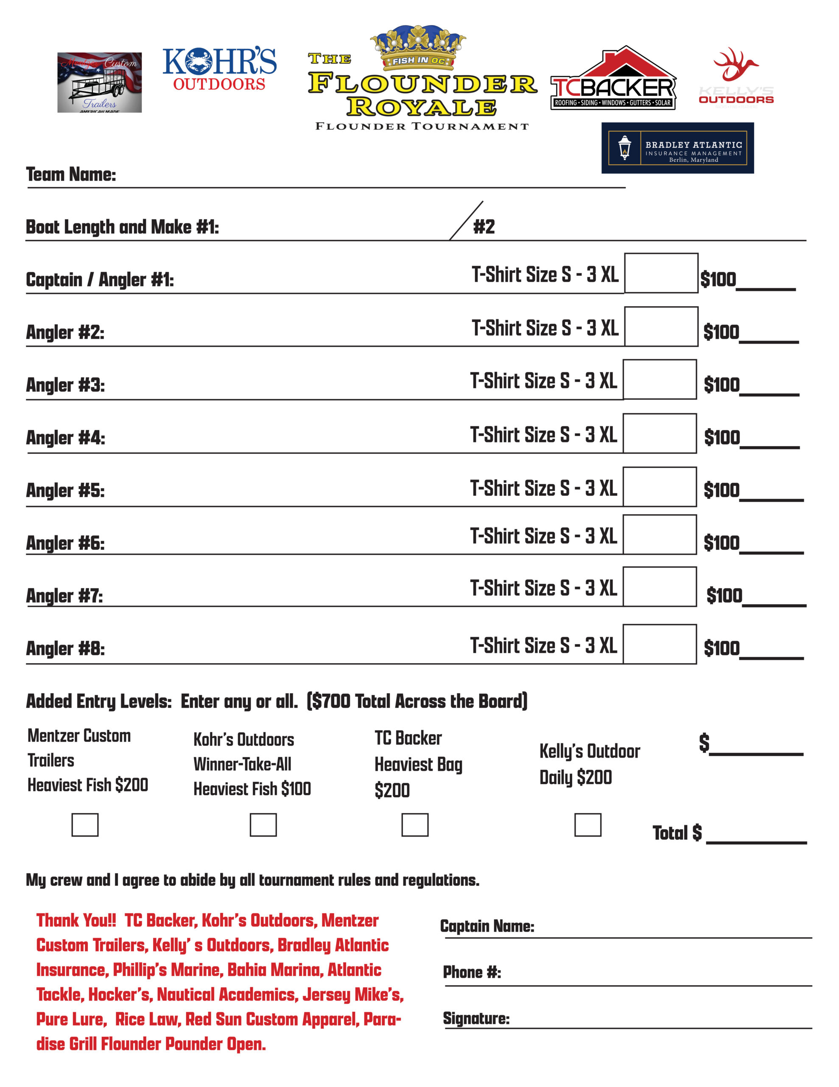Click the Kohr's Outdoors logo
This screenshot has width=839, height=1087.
(x=219, y=69)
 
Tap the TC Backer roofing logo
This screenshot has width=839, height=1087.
(x=613, y=79)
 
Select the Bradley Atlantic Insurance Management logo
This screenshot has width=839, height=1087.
(x=677, y=148)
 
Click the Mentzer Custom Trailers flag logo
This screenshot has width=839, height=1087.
(x=99, y=83)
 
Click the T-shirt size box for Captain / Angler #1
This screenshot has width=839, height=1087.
(x=661, y=273)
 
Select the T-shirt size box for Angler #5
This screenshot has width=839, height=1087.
(x=660, y=487)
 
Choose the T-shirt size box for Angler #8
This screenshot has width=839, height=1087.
(x=660, y=644)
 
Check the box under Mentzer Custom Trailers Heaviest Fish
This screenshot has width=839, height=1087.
(x=85, y=825)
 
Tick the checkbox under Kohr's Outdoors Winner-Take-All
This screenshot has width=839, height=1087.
(x=263, y=825)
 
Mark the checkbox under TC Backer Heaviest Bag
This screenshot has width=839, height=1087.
(x=415, y=825)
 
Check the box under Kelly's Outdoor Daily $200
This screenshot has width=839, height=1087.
(x=587, y=825)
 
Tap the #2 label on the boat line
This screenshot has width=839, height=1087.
(x=484, y=227)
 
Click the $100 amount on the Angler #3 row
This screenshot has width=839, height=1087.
(x=722, y=385)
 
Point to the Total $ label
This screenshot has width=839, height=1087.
(x=677, y=833)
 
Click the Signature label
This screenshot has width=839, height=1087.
(x=476, y=1018)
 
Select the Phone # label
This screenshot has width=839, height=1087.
(x=472, y=972)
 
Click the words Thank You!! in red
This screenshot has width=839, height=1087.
(x=76, y=920)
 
